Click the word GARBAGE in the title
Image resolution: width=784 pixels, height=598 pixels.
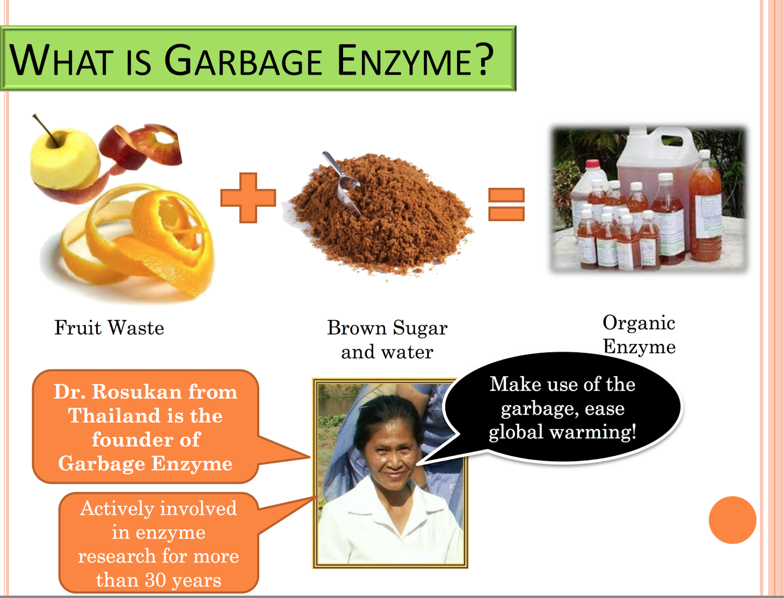coord(243,61)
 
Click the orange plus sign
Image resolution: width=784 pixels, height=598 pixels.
coord(248,198)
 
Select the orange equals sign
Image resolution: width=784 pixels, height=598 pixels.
coord(507,204)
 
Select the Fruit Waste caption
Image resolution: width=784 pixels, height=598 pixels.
coord(109,328)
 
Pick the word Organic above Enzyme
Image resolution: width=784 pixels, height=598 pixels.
coord(639,323)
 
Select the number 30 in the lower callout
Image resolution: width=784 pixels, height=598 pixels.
coord(155,580)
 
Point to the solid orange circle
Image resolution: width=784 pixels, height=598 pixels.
coord(732,520)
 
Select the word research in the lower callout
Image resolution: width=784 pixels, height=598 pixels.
coord(116,556)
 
